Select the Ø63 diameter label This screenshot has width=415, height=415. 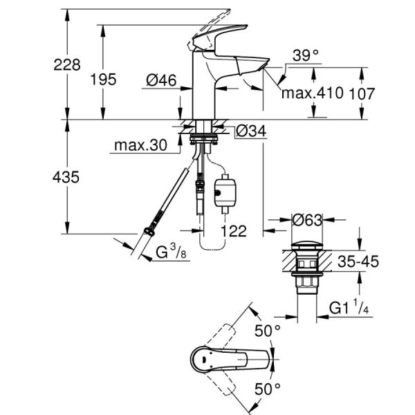[x=304, y=221]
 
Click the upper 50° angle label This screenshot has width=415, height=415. [x=268, y=331]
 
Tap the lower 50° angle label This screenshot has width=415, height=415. [x=268, y=389]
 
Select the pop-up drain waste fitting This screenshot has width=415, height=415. [x=304, y=266]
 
